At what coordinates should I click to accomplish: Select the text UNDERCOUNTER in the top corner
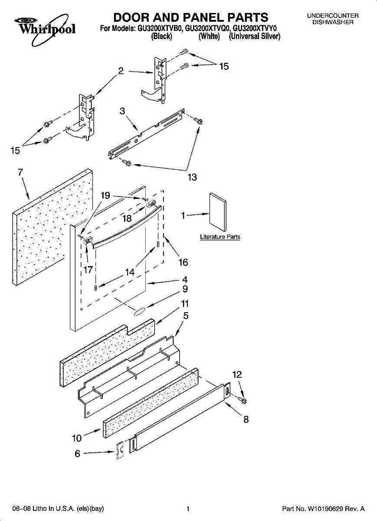333,16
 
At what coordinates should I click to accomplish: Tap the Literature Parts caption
220,237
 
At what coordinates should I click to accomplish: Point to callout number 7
20,172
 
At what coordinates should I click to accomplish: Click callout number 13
192,177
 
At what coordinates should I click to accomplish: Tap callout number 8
246,420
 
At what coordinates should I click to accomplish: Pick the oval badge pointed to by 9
140,312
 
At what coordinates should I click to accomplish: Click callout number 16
183,262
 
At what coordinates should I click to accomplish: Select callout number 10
76,438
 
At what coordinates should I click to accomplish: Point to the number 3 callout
123,111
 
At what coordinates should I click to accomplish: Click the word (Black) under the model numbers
161,37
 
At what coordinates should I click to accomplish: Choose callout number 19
105,195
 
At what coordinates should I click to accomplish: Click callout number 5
186,316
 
